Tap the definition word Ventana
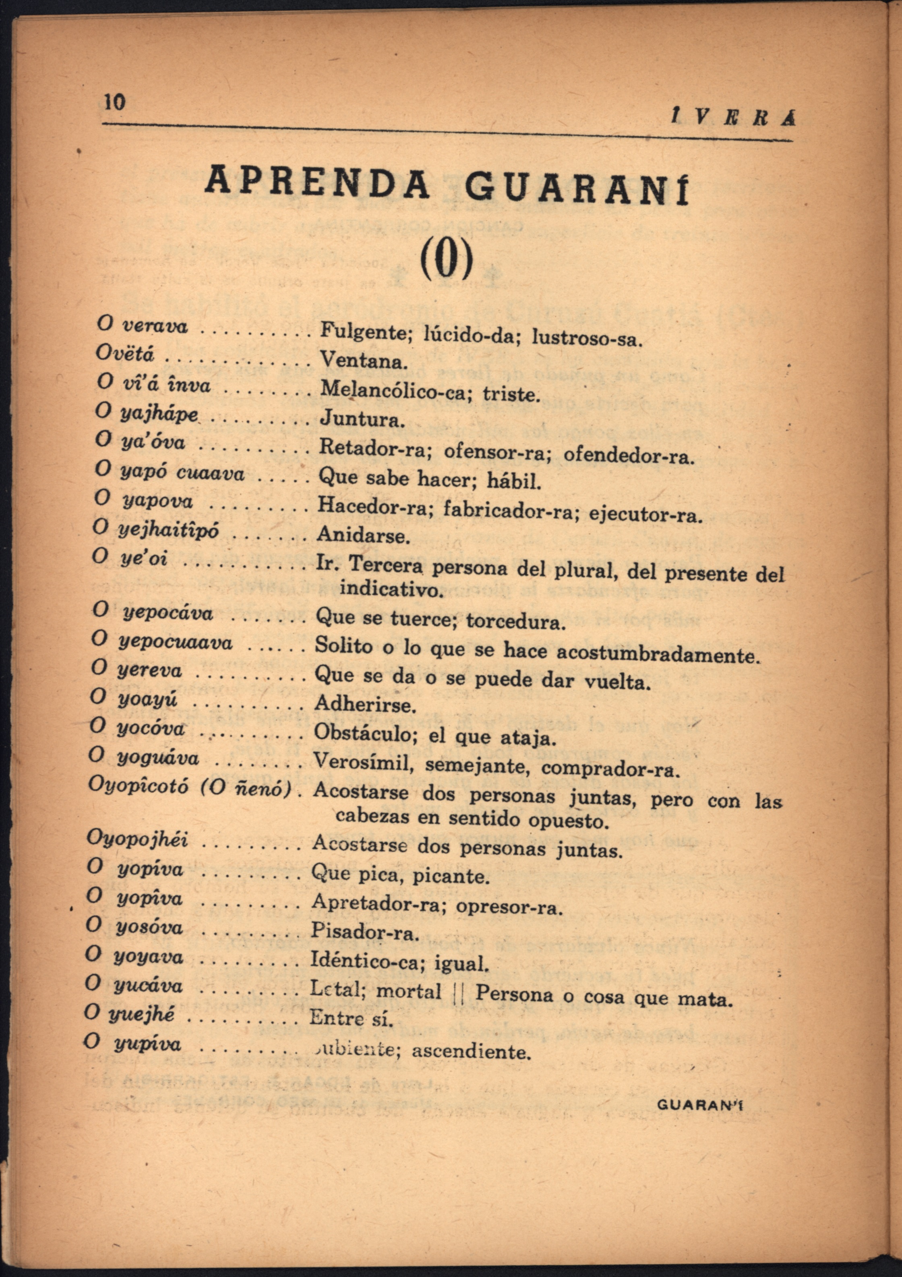(364, 361)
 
